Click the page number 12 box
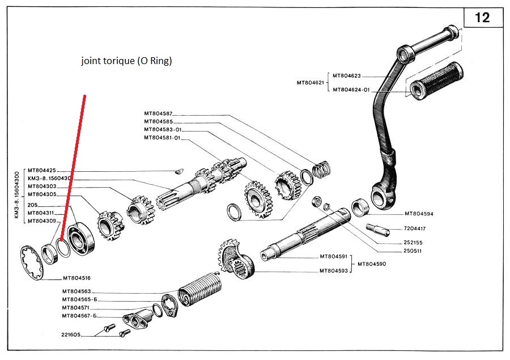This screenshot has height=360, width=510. click(483, 18)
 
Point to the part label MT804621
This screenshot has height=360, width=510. click(311, 83)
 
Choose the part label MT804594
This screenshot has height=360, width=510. click(419, 214)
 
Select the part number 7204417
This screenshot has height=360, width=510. click(416, 229)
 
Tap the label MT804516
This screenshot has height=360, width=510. click(76, 278)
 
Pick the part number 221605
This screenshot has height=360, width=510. click(73, 334)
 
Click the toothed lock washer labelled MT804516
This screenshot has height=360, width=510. click(32, 262)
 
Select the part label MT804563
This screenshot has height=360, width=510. click(76, 292)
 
